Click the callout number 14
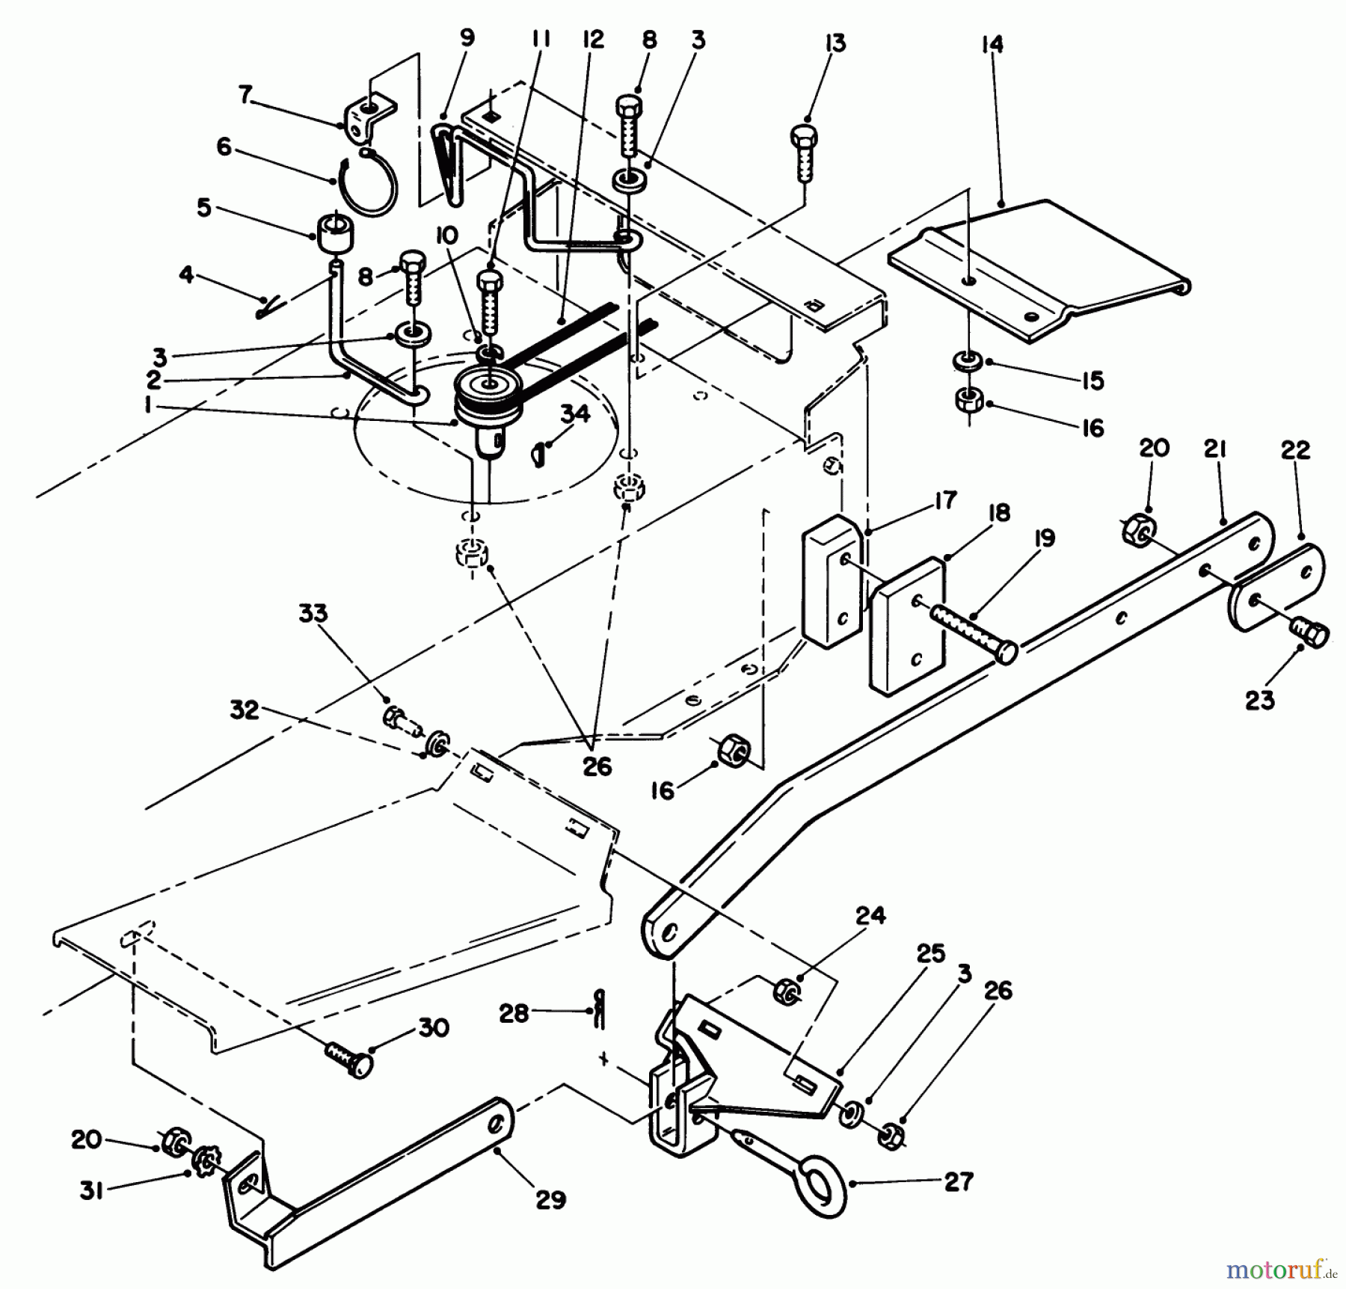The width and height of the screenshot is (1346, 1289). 992,45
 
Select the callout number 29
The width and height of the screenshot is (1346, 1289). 551,1200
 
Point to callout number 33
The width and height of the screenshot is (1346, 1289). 313,614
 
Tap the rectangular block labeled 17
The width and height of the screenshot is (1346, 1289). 832,579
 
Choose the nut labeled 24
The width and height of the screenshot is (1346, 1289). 786,991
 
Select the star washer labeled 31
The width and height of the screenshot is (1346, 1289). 203,1163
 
